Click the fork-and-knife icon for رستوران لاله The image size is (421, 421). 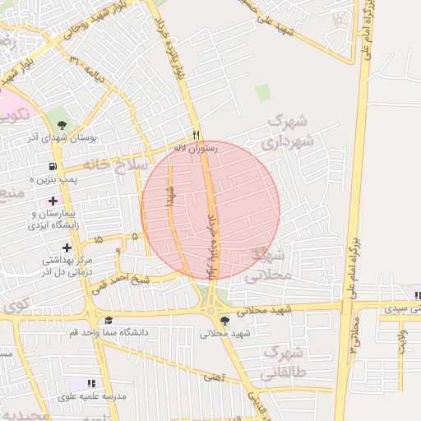click(196, 135)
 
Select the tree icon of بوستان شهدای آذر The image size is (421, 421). click(62, 125)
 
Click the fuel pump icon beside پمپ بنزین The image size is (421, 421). click(52, 165)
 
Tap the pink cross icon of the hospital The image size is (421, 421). click(53, 201)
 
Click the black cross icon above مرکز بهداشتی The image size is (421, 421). click(67, 248)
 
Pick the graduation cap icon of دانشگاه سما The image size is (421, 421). click(109, 321)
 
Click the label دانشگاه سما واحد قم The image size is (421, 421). click(112, 332)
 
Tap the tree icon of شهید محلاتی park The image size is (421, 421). click(224, 322)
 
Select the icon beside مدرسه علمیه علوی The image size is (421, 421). click(91, 384)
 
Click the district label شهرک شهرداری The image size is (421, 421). click(288, 132)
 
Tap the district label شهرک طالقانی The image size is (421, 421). click(284, 363)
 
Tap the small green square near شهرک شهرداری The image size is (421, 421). click(262, 93)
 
